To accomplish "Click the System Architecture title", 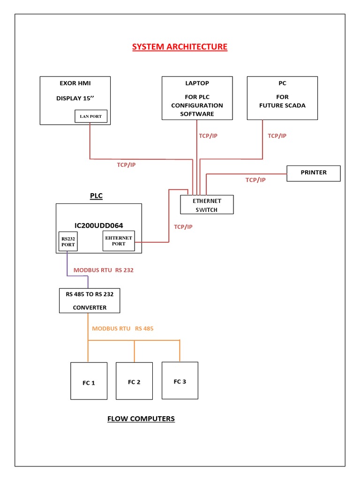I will [180, 47].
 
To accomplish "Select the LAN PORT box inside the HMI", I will [91, 116].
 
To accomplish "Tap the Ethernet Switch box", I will [207, 205].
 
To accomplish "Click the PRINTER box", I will [313, 173].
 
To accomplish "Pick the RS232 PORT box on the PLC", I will [68, 241].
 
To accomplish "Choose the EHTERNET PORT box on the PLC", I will [119, 241].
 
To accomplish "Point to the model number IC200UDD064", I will [98, 225].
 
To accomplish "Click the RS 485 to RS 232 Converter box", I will [90, 300].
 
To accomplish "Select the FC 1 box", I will [89, 381].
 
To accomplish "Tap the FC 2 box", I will [134, 381].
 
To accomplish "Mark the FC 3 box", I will [180, 380].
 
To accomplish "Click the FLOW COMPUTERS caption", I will [141, 419].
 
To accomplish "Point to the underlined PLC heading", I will [96, 196].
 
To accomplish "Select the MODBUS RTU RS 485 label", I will [123, 329].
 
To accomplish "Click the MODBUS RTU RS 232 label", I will [104, 270].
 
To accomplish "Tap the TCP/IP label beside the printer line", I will [255, 180].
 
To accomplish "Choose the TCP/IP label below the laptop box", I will [208, 135].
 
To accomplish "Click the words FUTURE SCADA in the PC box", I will [282, 105].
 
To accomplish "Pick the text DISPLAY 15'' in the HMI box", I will [75, 98].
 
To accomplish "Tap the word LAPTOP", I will [197, 83].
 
